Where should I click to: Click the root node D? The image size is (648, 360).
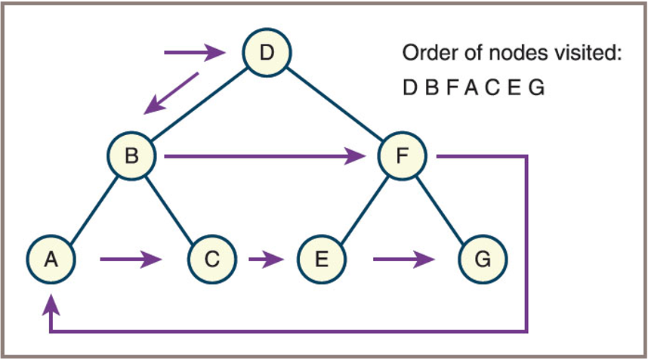[266, 54]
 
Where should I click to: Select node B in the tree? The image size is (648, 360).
[131, 156]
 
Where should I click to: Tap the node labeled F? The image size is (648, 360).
[403, 157]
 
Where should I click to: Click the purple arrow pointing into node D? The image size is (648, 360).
[196, 53]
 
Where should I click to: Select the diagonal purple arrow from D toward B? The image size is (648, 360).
[172, 93]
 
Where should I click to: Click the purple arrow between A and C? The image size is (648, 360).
[131, 260]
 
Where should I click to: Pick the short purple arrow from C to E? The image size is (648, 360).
[266, 260]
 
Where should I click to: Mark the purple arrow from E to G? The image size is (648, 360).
[404, 260]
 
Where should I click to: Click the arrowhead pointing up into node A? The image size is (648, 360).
[51, 303]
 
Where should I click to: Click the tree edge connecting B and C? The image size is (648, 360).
[172, 208]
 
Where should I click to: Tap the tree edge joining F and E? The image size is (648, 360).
[362, 208]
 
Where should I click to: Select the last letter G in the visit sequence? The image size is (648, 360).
[535, 88]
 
